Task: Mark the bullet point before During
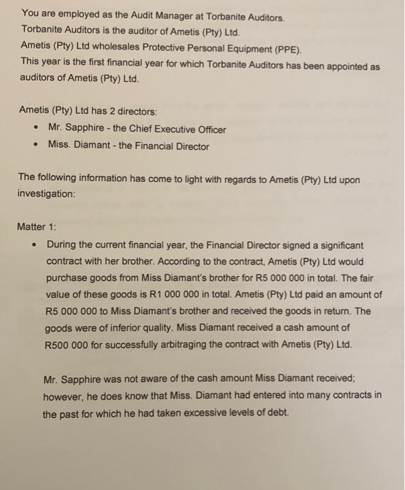[34, 246]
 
